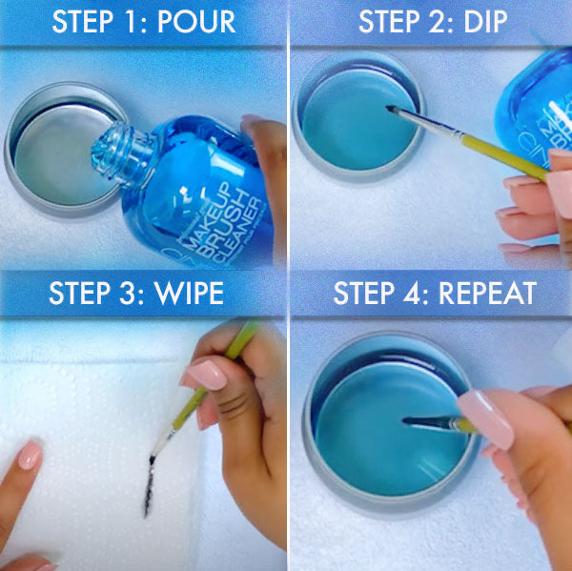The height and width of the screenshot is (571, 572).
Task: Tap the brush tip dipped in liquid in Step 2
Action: coord(393,111)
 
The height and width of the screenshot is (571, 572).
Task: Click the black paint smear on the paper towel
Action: coord(150,481)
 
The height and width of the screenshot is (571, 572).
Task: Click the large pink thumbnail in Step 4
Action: coord(486,418)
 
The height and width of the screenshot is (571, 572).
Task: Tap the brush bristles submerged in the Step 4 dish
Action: coord(419,420)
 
